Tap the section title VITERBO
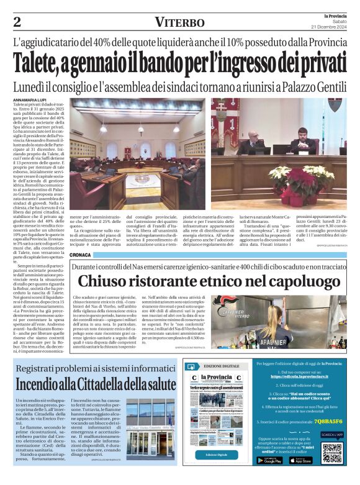[x=180, y=22]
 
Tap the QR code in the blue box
[x=331, y=453]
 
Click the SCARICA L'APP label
[x=332, y=435]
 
